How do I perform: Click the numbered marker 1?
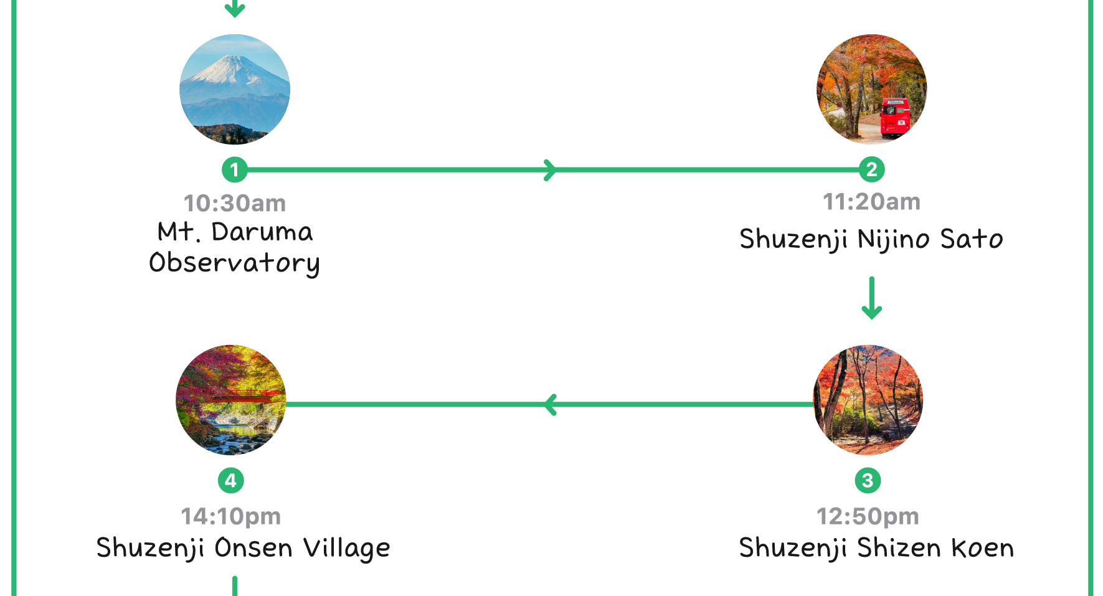click(x=234, y=169)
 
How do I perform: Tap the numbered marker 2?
click(x=871, y=169)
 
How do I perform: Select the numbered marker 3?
click(x=868, y=480)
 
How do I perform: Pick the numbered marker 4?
click(x=230, y=480)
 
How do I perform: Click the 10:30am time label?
click(x=235, y=204)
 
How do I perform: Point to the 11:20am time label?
click(x=871, y=202)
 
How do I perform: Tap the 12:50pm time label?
click(x=868, y=516)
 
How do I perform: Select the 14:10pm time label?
click(x=230, y=516)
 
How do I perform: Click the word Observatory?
click(x=234, y=263)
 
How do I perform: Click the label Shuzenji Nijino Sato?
click(x=871, y=239)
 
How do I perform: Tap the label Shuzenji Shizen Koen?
click(x=876, y=548)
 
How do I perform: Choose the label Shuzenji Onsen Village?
click(x=243, y=548)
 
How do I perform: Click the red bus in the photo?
click(x=896, y=116)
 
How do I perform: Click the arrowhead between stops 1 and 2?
click(x=549, y=169)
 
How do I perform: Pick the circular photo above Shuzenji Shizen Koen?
click(x=868, y=400)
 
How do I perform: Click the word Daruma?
click(x=262, y=232)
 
